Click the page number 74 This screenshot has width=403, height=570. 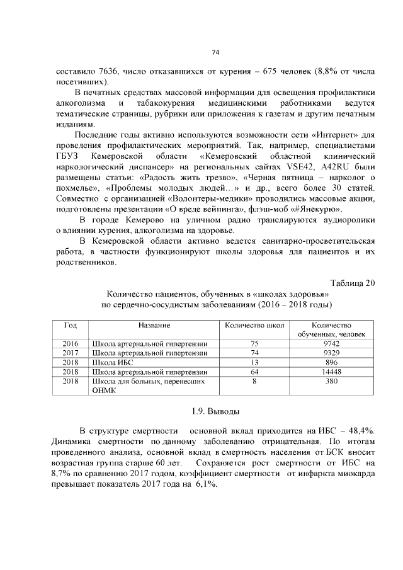(x=215, y=52)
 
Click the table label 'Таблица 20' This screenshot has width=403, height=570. (x=353, y=282)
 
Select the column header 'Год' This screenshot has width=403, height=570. (x=70, y=325)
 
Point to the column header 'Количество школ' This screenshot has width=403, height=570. (x=254, y=325)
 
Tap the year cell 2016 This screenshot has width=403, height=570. (x=70, y=344)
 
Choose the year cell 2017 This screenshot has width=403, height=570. (x=70, y=353)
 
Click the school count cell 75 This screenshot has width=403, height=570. (x=254, y=344)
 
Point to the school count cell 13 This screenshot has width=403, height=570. (x=254, y=363)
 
